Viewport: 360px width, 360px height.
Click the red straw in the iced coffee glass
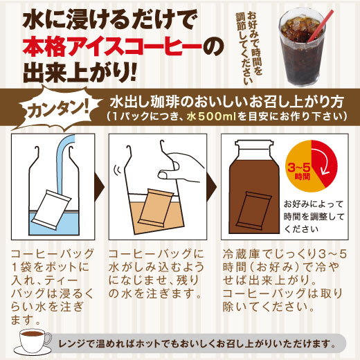[321, 26]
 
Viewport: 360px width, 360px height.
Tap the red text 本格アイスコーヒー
[112, 48]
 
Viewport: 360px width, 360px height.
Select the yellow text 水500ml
[212, 116]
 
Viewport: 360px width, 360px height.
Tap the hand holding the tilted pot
[182, 166]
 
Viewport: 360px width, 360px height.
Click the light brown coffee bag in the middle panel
[156, 208]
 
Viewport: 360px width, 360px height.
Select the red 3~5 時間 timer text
[299, 172]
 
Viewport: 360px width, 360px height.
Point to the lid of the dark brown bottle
[253, 144]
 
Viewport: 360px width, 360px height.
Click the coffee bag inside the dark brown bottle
[253, 210]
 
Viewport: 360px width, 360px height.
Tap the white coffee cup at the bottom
[35, 341]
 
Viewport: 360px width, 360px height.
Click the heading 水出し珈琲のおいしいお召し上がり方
[227, 102]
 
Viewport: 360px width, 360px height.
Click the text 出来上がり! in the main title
[80, 73]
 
